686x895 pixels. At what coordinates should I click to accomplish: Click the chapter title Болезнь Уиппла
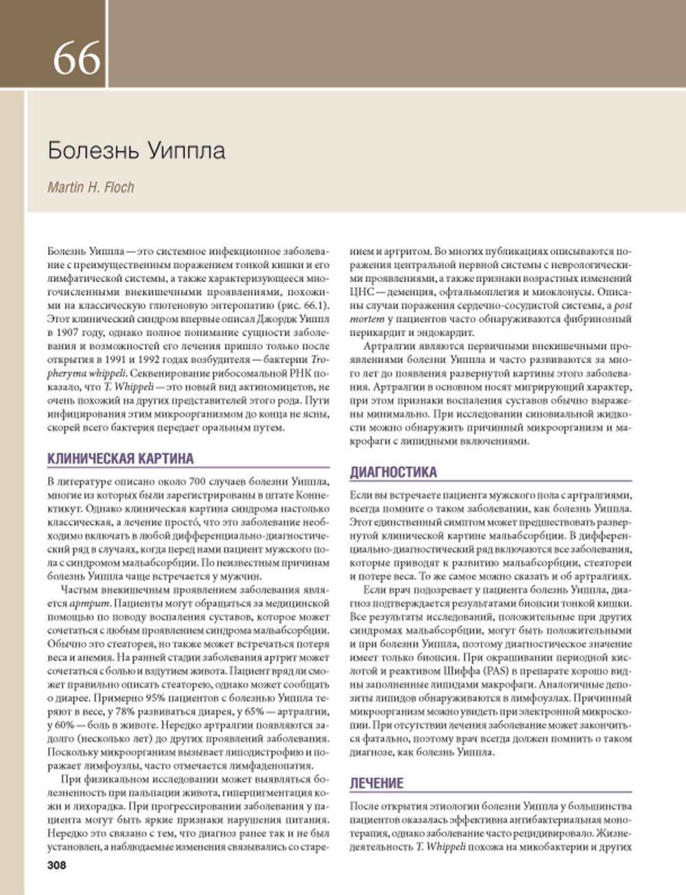point(137,150)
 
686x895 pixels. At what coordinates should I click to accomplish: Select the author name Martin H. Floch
point(91,187)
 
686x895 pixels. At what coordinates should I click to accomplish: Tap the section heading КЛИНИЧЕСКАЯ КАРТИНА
point(121,458)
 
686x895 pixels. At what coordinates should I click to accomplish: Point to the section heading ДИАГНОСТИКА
point(393,472)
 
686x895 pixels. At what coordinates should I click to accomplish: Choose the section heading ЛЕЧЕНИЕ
point(377,783)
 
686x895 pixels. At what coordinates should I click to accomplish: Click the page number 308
point(57,865)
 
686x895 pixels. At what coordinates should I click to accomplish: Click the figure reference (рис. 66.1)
point(305,305)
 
